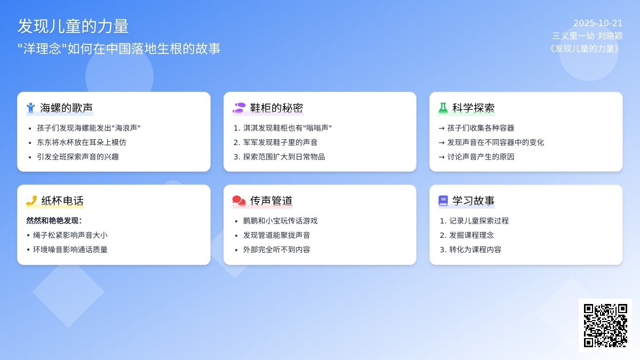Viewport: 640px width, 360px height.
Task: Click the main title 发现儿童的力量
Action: coord(73,26)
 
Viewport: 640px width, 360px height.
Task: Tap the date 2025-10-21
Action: coord(598,23)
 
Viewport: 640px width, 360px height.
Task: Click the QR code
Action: coord(605,325)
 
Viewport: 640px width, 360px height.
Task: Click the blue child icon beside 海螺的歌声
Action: coord(31,108)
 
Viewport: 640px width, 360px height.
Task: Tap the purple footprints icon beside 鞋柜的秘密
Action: coord(239,108)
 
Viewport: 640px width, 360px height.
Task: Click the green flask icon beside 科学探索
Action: coord(443,108)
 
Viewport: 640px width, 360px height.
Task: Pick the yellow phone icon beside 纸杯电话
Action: coord(31,201)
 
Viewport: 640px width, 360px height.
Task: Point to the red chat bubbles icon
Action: coord(239,201)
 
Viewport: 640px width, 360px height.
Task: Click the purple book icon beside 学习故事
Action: coord(443,201)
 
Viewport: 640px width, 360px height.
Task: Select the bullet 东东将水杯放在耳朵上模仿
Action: coord(81,142)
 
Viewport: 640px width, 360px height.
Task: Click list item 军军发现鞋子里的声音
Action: coord(280,142)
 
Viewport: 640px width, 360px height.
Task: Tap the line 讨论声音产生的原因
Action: coord(481,157)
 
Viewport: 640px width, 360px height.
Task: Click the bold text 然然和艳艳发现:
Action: coord(54,221)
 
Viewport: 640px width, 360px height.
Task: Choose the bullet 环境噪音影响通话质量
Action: coord(70,250)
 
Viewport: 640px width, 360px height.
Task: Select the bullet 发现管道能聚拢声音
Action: coord(276,235)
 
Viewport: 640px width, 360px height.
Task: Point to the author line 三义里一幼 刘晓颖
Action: coord(587,36)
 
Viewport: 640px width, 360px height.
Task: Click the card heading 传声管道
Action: coord(271,201)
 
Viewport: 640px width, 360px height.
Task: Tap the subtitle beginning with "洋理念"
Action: coord(119,49)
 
